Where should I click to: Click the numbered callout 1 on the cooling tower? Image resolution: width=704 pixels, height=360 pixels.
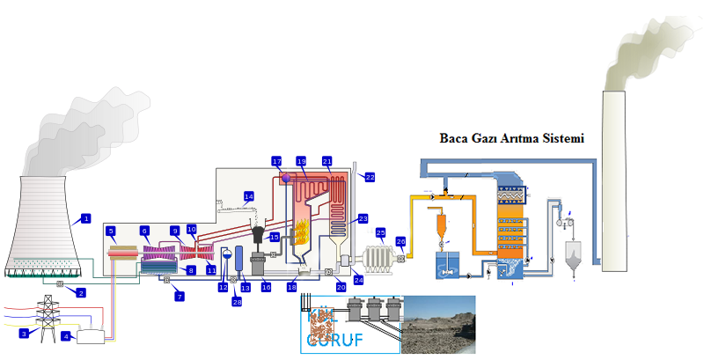point(85,217)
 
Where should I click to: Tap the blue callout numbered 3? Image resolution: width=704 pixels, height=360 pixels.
point(25,333)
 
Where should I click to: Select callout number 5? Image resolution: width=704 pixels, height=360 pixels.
point(111,231)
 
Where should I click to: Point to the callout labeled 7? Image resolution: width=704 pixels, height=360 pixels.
point(180,298)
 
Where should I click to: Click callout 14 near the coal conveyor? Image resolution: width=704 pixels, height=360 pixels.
point(248,195)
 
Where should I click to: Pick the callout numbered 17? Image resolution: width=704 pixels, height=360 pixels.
point(276,162)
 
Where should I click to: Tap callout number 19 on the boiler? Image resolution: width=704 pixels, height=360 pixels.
point(301,162)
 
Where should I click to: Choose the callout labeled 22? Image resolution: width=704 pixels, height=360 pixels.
point(370,177)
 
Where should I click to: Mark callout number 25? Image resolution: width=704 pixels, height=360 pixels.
point(381,232)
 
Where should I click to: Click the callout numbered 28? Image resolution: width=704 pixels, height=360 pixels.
point(236,302)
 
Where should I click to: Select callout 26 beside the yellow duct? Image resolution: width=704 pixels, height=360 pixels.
point(400,241)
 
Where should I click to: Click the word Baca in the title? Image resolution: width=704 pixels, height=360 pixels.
point(458,139)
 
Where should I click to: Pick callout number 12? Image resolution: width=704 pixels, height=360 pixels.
point(223,287)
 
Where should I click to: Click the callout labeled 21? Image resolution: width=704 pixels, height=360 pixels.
point(326,162)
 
